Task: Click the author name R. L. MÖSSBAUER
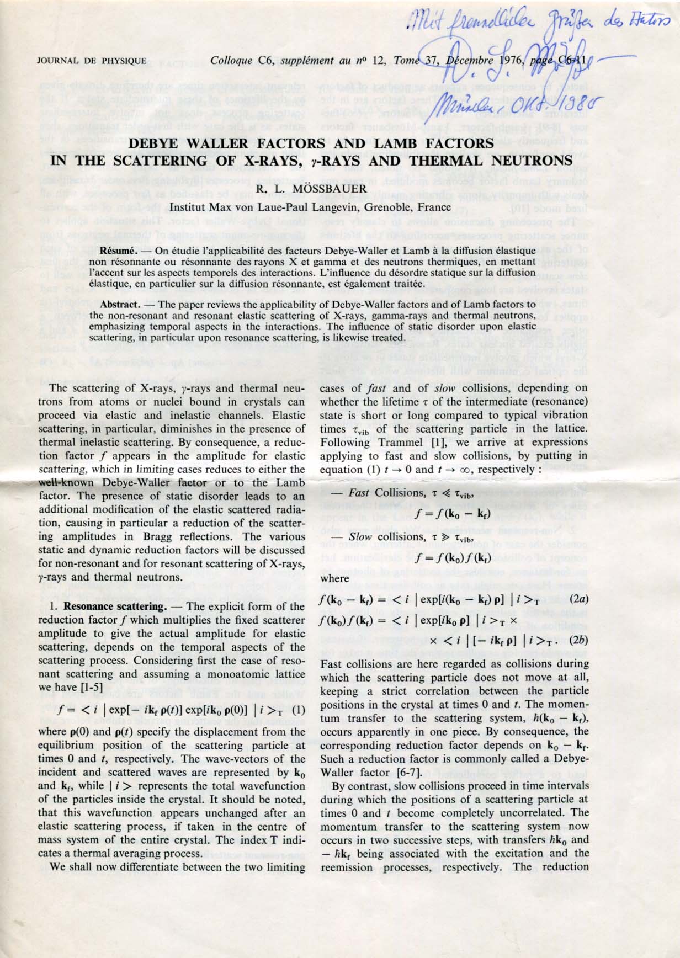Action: tap(311, 190)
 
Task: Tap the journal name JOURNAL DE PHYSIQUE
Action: tap(92, 61)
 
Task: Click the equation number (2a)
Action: tap(578, 599)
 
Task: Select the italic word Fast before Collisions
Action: tap(360, 493)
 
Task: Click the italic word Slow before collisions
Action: tap(360, 537)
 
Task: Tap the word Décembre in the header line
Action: tap(469, 61)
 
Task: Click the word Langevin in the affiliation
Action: tap(336, 207)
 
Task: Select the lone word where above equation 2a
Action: tap(334, 578)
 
